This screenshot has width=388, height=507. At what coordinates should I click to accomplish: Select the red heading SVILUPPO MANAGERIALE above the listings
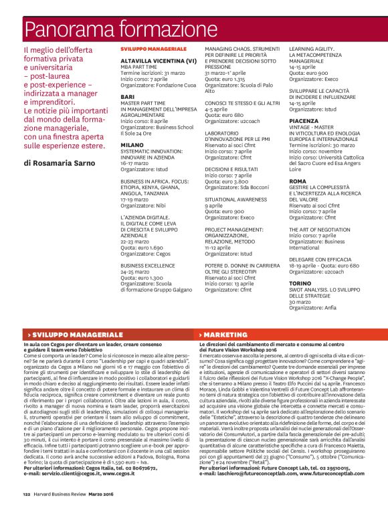(x=153, y=49)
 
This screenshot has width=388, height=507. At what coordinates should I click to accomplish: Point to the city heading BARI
(x=127, y=96)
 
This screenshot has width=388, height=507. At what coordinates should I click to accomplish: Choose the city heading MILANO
(x=132, y=144)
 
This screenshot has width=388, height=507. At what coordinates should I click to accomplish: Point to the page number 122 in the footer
(x=26, y=494)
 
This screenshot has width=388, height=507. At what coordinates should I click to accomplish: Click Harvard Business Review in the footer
(x=60, y=494)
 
